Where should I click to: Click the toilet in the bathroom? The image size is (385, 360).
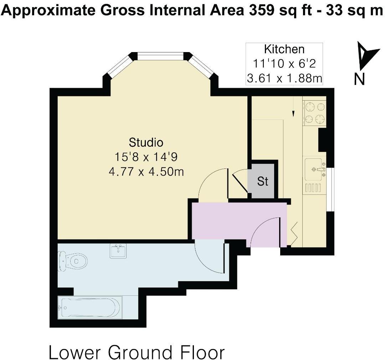pos(73,261)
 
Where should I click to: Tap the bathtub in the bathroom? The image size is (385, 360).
pos(91,308)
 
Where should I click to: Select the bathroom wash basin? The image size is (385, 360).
pos(118,251)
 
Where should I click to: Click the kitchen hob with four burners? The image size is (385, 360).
pos(314,112)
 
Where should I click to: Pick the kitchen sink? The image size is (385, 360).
pos(314,169)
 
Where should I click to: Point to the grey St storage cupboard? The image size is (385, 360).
pos(263,181)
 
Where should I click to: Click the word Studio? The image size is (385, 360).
pos(146,142)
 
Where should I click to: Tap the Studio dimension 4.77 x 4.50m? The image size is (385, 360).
pos(146,172)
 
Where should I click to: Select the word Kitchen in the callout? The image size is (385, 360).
pos(284,49)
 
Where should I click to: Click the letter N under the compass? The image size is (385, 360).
pos(359,79)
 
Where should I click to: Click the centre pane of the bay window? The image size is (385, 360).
pos(160,56)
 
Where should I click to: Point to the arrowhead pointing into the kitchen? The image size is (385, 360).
pos(293,114)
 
